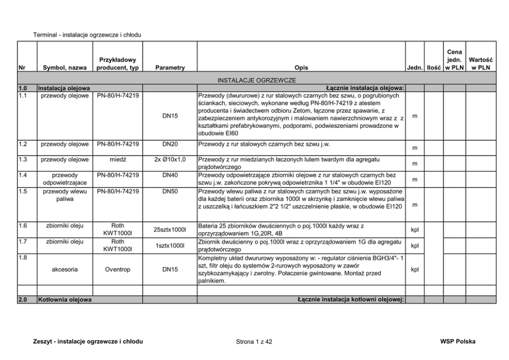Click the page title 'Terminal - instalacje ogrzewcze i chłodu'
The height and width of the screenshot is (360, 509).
(87, 35)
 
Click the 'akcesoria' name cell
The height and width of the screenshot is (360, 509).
(65, 269)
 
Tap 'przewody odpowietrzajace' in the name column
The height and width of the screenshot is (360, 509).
(65, 179)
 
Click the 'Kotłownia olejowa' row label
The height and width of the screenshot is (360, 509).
(65, 299)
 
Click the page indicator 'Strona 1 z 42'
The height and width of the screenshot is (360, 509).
(254, 342)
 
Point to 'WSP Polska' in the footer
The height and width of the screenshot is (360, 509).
(457, 342)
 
